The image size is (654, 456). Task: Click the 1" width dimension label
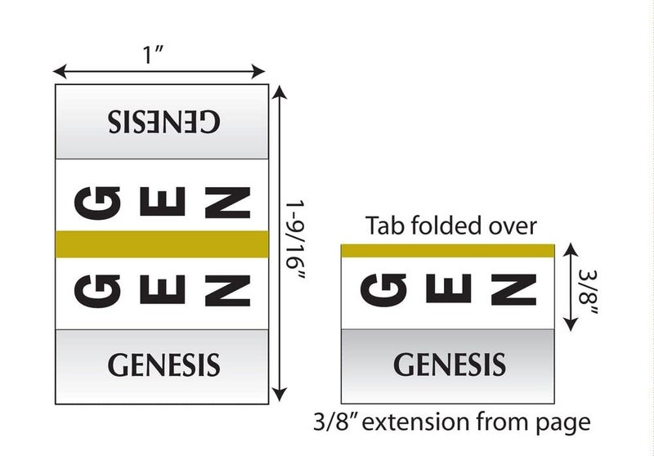(x=153, y=55)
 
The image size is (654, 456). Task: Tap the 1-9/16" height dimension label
(x=295, y=239)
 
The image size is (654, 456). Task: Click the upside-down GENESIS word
(x=163, y=121)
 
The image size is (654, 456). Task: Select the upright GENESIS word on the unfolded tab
(x=163, y=364)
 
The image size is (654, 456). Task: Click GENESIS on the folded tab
(x=450, y=364)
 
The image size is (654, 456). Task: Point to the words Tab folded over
(x=451, y=226)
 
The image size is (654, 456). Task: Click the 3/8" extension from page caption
(x=452, y=422)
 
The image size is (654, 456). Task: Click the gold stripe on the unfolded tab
(x=162, y=244)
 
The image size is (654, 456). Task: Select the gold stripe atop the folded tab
(x=448, y=251)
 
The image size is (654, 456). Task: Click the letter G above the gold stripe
(x=97, y=203)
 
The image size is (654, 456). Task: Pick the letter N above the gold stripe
(x=228, y=203)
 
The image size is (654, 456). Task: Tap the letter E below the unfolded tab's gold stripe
(x=163, y=289)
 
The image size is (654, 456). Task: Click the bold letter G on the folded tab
(x=383, y=289)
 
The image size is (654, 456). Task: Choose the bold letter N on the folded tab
(x=514, y=289)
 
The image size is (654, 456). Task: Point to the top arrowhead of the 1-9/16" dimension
(x=280, y=92)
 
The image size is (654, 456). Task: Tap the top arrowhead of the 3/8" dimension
(x=571, y=250)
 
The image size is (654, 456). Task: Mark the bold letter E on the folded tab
(x=449, y=288)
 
